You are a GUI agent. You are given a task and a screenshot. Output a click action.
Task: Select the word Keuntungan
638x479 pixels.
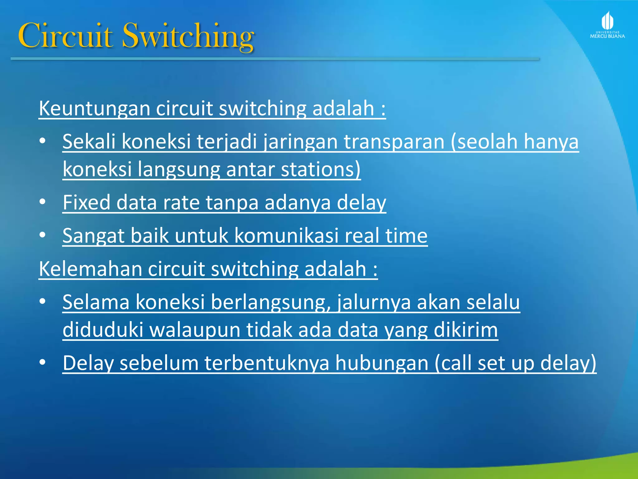(x=94, y=109)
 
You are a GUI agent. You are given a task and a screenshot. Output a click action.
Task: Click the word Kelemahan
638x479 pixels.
(x=90, y=269)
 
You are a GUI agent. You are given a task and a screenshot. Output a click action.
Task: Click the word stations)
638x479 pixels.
(x=321, y=169)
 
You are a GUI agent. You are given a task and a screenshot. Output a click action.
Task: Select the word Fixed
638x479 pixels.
(x=86, y=203)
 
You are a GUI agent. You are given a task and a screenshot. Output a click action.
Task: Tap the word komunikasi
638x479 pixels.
(x=286, y=236)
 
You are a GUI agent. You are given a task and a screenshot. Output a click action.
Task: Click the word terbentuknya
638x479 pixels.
(x=267, y=363)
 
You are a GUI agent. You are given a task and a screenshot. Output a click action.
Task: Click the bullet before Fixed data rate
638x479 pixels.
(x=43, y=202)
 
